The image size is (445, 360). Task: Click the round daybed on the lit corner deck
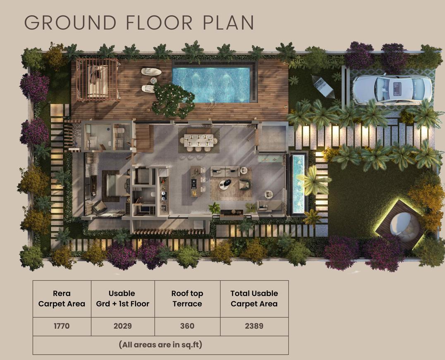point(400,226)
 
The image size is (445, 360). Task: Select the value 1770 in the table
point(62,326)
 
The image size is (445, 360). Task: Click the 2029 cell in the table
point(122,326)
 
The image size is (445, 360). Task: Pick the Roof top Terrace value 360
point(187,326)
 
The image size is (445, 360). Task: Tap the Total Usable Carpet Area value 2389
point(254,326)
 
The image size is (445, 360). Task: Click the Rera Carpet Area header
point(62,299)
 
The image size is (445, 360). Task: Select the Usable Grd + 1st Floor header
point(122,299)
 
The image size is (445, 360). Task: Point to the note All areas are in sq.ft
point(160,345)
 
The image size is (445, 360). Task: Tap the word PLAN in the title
point(228,23)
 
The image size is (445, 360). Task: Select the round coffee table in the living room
point(225,184)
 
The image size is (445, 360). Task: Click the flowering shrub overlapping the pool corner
point(173,100)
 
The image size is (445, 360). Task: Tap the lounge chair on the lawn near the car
point(323,86)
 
